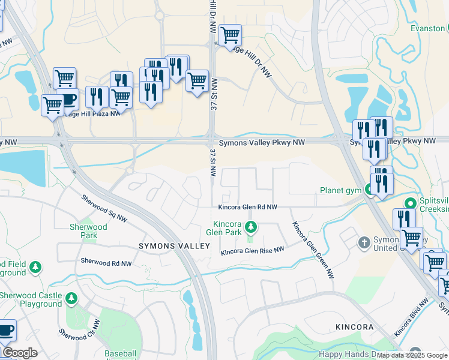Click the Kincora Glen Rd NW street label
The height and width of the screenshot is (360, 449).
coord(247,207)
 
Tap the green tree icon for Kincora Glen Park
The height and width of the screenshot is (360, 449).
coord(252,227)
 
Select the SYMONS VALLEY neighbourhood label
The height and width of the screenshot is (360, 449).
coord(175,246)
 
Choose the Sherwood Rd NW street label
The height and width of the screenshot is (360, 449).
coord(106,262)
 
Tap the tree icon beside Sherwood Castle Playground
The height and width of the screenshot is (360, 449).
coord(71,298)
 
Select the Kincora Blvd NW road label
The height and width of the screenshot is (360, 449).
coord(411,316)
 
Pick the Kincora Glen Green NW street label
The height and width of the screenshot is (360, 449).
coord(313,250)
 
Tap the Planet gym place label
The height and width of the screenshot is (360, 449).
coord(340,190)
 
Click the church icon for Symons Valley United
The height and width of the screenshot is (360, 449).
coord(364,242)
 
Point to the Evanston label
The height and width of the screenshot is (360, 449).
coord(427,28)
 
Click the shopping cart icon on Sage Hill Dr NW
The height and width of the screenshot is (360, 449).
coord(230,35)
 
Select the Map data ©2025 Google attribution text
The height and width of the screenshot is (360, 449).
coord(412,355)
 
